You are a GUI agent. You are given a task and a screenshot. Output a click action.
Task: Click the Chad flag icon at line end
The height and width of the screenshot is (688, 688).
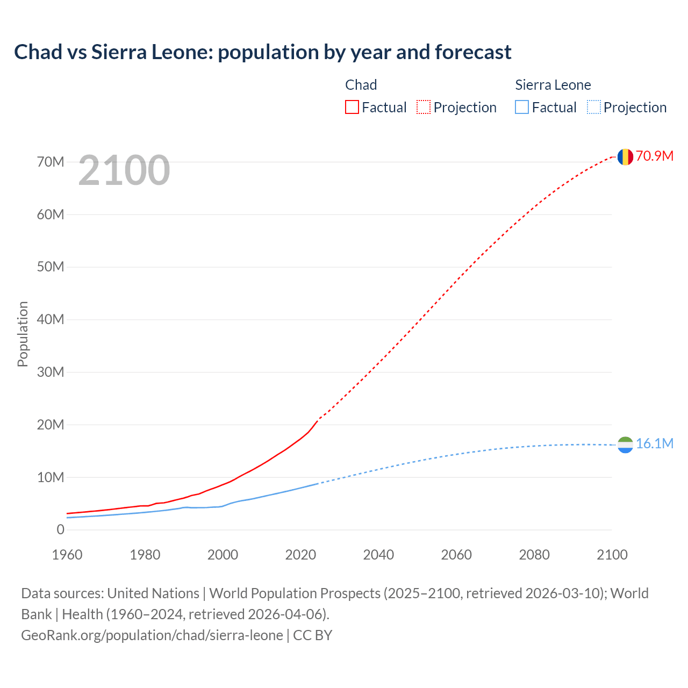pyautogui.click(x=625, y=156)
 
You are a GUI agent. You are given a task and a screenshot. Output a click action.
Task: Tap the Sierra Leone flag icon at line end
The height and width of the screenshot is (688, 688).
pyautogui.click(x=625, y=445)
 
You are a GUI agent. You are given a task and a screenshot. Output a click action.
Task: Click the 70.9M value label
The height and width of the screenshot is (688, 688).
pyautogui.click(x=654, y=156)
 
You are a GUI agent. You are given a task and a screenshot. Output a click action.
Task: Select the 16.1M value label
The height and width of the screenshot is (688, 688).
pyautogui.click(x=654, y=443)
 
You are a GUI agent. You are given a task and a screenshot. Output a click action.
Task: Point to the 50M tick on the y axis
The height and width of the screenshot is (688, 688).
pyautogui.click(x=51, y=267)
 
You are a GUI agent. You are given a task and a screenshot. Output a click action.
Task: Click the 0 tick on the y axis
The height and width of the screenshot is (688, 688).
pyautogui.click(x=60, y=529)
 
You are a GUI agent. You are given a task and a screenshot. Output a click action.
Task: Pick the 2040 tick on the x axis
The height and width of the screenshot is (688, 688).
pyautogui.click(x=378, y=555)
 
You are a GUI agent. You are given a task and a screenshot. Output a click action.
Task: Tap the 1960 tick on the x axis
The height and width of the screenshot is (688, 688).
pyautogui.click(x=67, y=555)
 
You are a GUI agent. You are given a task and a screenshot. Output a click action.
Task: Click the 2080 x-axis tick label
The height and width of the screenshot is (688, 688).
pyautogui.click(x=534, y=555)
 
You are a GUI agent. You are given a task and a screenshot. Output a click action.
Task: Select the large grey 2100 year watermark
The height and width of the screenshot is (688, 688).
pyautogui.click(x=124, y=170)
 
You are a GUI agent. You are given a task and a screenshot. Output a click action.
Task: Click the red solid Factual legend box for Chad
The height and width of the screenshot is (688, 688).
pyautogui.click(x=352, y=107)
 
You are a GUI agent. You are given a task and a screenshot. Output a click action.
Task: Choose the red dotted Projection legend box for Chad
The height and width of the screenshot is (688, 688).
pyautogui.click(x=424, y=107)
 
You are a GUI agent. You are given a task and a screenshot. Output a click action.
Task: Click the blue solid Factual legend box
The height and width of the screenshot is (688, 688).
pyautogui.click(x=522, y=107)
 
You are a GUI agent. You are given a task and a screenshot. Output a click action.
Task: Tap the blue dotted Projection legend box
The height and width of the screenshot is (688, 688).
pyautogui.click(x=593, y=107)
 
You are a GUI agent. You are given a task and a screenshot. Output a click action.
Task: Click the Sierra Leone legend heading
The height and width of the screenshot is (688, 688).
pyautogui.click(x=553, y=85)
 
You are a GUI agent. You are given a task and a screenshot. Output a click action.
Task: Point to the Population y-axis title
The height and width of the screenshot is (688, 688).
pyautogui.click(x=23, y=334)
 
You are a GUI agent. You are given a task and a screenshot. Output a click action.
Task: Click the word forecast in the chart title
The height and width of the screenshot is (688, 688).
pyautogui.click(x=473, y=52)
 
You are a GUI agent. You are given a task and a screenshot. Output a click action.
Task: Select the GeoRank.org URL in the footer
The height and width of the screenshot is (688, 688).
pyautogui.click(x=152, y=635)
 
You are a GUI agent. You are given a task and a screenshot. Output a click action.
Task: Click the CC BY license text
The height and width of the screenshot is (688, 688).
pyautogui.click(x=313, y=635)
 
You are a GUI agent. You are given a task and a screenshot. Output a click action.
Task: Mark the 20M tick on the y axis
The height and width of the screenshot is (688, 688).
pyautogui.click(x=51, y=425)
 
